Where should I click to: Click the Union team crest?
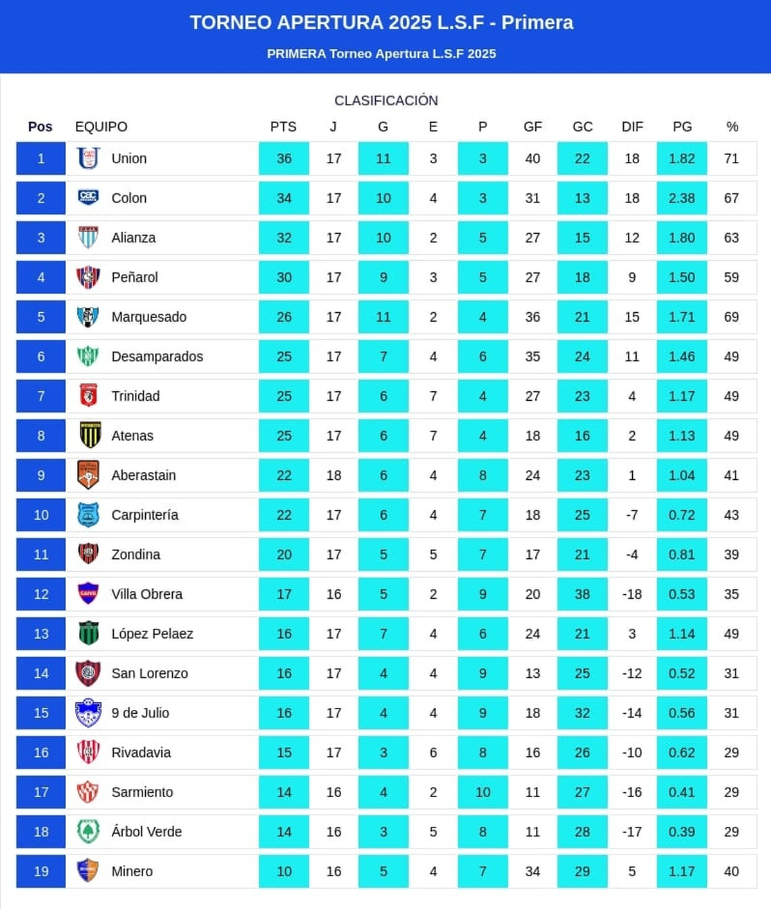click(x=88, y=158)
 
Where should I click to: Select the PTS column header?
click(x=283, y=127)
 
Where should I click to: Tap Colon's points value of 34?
click(x=283, y=198)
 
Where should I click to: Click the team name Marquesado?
click(x=148, y=317)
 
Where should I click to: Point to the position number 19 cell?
click(x=41, y=871)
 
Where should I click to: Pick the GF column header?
click(x=533, y=127)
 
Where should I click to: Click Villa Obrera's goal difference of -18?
click(x=632, y=594)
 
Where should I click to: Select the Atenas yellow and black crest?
click(x=88, y=436)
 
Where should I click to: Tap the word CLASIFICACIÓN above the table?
click(x=386, y=100)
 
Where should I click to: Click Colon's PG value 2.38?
click(x=682, y=198)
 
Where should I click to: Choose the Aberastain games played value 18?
click(x=333, y=475)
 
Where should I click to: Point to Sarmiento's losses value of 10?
click(x=483, y=792)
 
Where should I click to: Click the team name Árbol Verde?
click(x=146, y=832)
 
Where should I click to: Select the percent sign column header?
click(x=732, y=127)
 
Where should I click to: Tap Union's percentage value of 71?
click(x=731, y=158)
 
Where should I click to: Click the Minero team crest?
click(x=88, y=871)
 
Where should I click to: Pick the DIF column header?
click(x=632, y=127)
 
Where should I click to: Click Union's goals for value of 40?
click(x=533, y=158)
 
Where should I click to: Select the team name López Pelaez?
click(x=152, y=633)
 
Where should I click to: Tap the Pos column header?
click(x=40, y=127)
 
